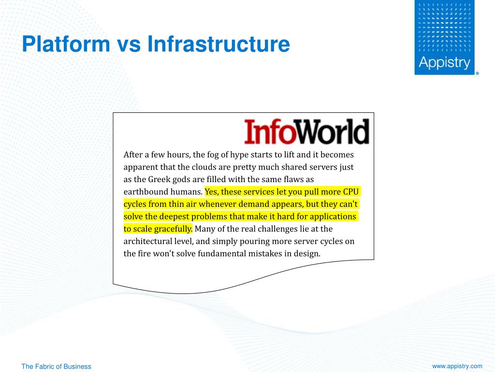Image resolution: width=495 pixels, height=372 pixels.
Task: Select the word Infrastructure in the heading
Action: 218,44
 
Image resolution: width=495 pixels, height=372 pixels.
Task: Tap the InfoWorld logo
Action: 306,132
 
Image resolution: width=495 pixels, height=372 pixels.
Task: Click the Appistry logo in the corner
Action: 444,38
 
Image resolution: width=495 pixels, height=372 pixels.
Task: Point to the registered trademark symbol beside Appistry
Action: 478,74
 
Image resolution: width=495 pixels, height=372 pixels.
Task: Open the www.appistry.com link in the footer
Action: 457,366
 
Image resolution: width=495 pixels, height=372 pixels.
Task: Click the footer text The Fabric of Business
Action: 56,367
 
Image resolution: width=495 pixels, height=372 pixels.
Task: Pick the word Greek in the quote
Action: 158,179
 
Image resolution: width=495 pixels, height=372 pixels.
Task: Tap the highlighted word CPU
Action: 350,192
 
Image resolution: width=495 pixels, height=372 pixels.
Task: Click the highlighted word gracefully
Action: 173,229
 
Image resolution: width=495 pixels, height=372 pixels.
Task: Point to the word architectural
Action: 146,241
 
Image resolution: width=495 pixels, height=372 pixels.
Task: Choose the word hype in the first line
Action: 238,155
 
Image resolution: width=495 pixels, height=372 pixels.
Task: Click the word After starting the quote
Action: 132,155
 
